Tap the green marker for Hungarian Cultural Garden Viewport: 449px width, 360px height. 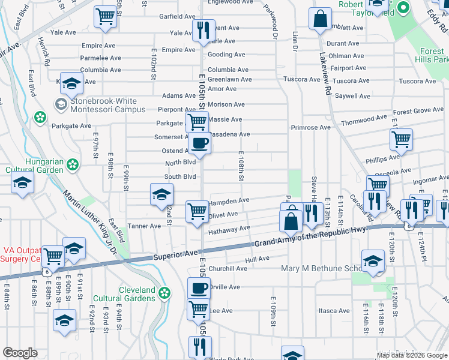coord(72,164)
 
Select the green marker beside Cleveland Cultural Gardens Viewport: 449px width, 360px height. coord(164,293)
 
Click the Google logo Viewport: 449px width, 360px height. coord(20,353)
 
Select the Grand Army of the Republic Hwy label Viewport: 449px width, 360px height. coord(318,235)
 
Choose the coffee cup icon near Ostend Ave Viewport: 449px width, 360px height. coord(200,143)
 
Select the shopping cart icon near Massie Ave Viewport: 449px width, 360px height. coord(197,122)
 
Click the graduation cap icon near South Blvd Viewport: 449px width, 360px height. coord(161,194)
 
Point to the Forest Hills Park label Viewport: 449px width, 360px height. coord(432,55)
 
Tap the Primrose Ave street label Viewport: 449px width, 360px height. coord(310,128)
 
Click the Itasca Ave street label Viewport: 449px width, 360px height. coord(334,311)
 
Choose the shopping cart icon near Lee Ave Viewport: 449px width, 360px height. coord(197,310)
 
